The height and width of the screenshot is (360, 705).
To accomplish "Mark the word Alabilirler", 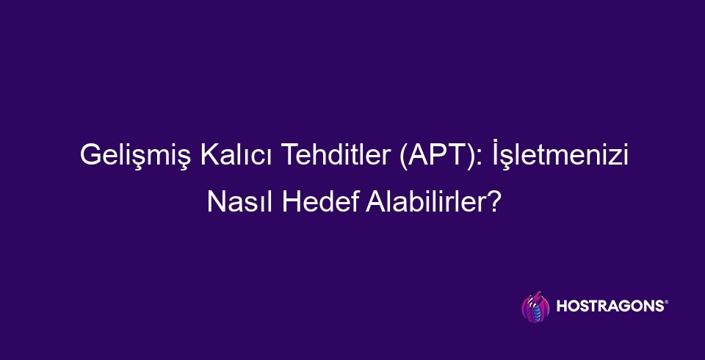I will [x=424, y=199].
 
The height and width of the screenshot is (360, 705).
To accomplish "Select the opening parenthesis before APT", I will [x=405, y=159].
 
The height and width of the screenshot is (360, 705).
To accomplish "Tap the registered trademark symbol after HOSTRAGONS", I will [x=666, y=303].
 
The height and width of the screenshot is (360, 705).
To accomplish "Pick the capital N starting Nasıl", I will [x=217, y=199].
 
